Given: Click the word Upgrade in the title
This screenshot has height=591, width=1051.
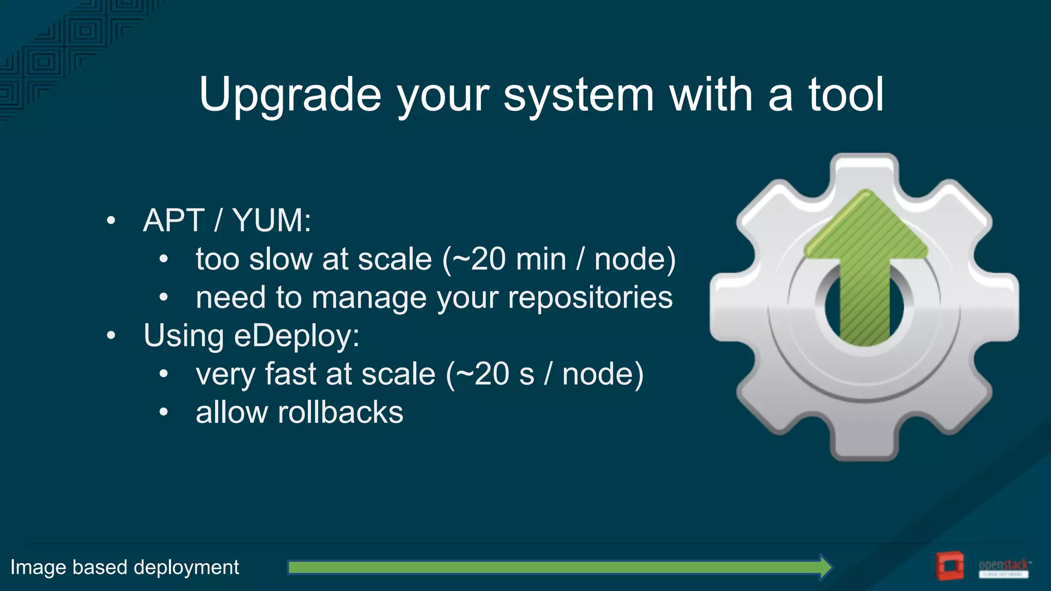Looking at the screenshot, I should pos(290,95).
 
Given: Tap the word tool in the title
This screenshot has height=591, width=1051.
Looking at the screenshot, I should pos(846,95).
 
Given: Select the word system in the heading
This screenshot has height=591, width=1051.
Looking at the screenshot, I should pos(578,95).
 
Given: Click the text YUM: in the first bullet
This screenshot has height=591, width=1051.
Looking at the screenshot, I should pos(271,221).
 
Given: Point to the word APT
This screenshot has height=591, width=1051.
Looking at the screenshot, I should pos(173,221).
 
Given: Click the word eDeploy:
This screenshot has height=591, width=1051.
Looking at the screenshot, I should pos(297,336).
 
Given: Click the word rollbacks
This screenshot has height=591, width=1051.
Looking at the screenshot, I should pos(340,412).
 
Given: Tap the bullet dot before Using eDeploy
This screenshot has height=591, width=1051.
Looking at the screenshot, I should pos(111,336).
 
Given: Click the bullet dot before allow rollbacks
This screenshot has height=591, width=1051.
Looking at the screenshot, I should pos(163,412).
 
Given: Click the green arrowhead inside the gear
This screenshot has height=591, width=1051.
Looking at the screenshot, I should pos(866,226).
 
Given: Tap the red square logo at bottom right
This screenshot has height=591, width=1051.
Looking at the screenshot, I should pos(948,566).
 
